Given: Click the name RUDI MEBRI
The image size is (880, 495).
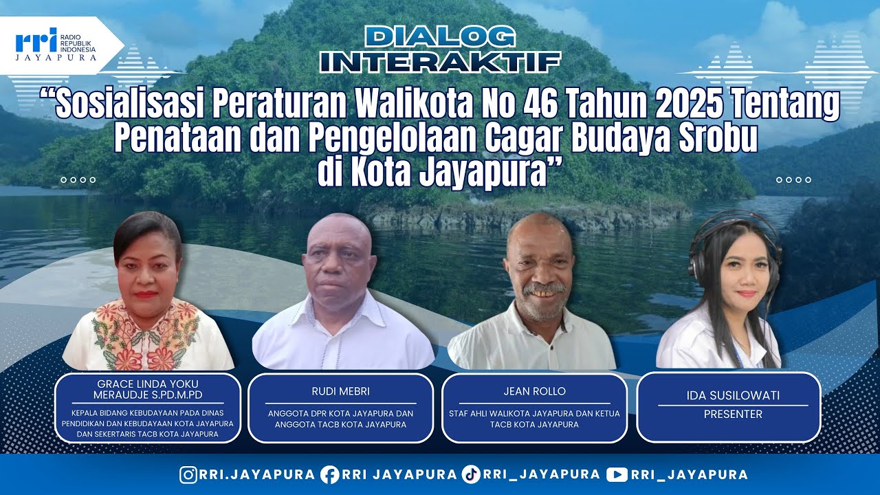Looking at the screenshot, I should [341, 391].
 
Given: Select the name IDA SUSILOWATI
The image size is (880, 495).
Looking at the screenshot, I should [727, 395].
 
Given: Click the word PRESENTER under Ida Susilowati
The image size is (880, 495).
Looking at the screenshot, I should [727, 415].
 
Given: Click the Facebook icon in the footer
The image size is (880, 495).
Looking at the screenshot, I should [329, 474].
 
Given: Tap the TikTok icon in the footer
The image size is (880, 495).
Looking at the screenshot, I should [471, 474].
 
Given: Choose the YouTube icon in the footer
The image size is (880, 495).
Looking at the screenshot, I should [617, 474].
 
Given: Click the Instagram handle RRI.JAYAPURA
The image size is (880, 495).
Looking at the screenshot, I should [257, 474].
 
